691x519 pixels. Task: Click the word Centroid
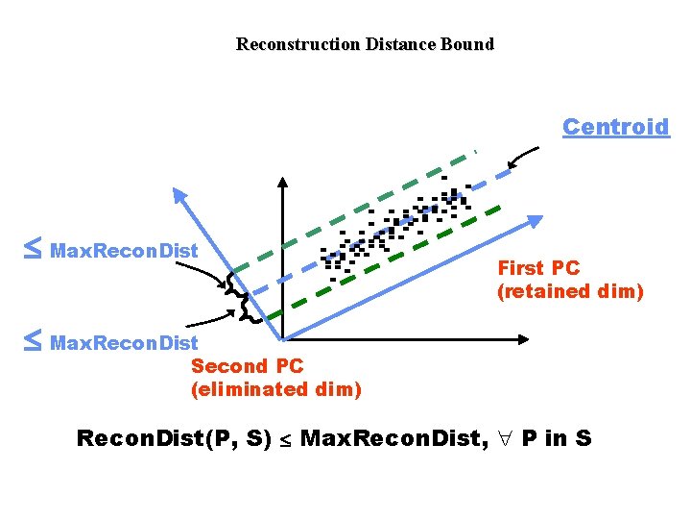point(615,127)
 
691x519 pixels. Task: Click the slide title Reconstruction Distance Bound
point(365,44)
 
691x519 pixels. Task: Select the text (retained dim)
point(569,291)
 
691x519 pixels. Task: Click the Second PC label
point(248,366)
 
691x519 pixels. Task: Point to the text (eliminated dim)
point(276,389)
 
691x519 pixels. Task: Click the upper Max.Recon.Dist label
point(124,251)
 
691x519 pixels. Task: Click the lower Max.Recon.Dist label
point(124,342)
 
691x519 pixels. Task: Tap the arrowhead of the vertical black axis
point(282,184)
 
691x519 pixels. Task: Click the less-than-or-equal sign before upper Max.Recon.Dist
point(32,250)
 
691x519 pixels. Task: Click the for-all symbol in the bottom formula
point(505,439)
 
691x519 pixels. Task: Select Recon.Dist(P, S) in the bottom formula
point(173,439)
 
